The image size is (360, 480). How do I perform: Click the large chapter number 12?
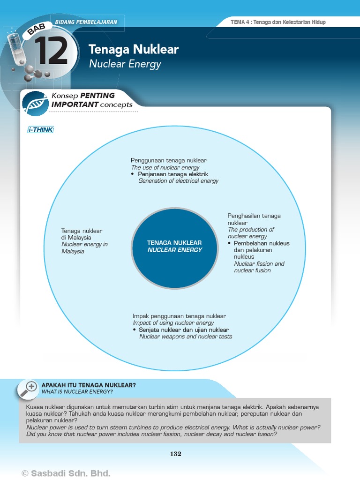point(51,51)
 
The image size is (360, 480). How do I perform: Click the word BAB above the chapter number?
point(37,30)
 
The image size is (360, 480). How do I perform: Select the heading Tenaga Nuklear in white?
point(134,50)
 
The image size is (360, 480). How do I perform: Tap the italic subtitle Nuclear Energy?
point(125,64)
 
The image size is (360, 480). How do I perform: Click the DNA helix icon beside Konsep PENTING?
point(36,103)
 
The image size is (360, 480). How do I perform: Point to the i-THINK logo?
point(40,130)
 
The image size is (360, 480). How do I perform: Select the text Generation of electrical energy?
point(178,181)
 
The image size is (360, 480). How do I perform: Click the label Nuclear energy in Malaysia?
point(84,247)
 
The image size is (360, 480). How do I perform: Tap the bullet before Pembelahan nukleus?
point(230,244)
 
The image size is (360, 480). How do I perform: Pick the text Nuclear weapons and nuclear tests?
point(186,337)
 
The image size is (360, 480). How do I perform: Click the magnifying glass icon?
point(29,389)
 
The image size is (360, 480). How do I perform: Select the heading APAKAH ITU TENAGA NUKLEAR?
point(89,385)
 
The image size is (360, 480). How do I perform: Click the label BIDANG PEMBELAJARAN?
point(86,22)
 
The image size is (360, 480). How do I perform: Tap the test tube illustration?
point(16,46)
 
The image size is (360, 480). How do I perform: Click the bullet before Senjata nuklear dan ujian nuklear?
point(135,330)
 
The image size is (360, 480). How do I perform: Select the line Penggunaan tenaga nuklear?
point(169,160)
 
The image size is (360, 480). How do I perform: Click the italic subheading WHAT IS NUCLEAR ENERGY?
point(77,391)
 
